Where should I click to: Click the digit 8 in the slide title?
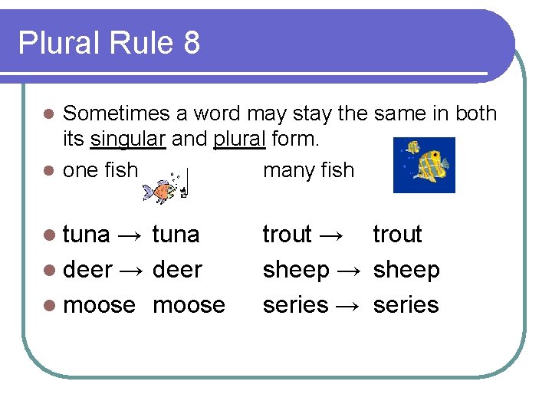(x=191, y=44)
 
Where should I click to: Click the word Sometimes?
(x=116, y=113)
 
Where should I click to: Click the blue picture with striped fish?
(x=424, y=165)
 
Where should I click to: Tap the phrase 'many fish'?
(x=308, y=169)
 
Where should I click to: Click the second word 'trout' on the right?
(x=397, y=235)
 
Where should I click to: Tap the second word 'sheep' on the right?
(x=406, y=270)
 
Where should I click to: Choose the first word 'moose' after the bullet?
(x=99, y=305)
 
